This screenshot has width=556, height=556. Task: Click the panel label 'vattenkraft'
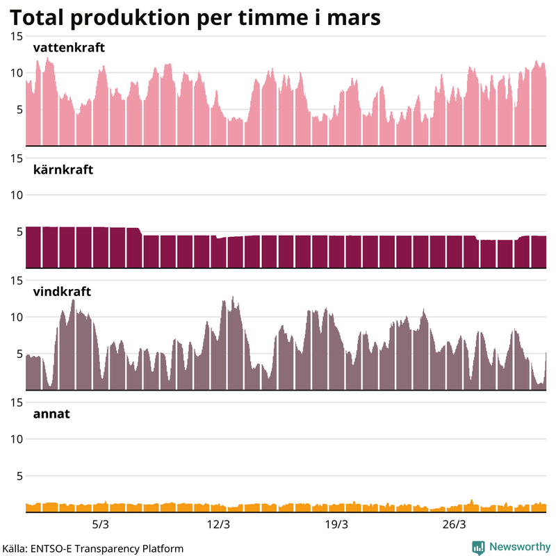point(69,48)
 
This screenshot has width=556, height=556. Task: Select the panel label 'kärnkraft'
point(63,170)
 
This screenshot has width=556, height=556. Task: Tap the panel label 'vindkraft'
point(63,292)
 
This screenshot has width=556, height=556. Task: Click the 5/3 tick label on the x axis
point(101,524)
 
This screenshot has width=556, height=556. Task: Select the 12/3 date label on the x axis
point(218,524)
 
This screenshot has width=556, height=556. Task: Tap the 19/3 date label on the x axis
point(336,524)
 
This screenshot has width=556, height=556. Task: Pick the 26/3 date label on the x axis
point(454,524)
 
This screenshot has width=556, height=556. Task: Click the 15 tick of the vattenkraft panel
point(15,36)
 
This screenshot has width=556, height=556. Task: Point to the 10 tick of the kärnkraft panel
point(15,195)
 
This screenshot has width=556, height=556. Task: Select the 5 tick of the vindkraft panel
point(19,354)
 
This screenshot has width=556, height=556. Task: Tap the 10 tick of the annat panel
point(15,439)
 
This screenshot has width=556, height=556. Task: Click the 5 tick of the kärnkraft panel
point(19,231)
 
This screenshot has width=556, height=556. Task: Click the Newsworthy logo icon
point(478,547)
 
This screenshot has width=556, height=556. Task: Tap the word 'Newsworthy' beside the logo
point(519,547)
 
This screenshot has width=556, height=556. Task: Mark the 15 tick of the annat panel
point(15,402)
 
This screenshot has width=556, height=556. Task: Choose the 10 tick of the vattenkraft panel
point(15,73)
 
